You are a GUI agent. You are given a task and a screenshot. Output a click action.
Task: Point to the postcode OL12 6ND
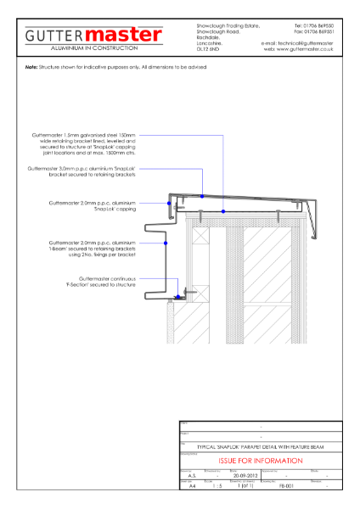208,53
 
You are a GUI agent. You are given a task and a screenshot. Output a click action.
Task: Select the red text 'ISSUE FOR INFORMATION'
260,461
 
